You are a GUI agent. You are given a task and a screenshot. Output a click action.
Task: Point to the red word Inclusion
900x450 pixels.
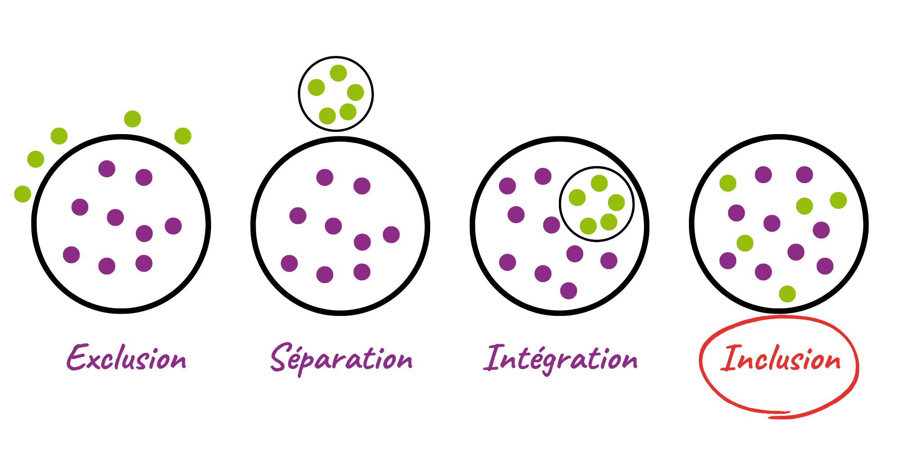tap(780, 359)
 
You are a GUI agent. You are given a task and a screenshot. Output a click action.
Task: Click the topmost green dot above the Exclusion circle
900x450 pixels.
tap(132, 119)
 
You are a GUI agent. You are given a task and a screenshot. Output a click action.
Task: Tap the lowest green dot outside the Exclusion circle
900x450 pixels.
tap(22, 194)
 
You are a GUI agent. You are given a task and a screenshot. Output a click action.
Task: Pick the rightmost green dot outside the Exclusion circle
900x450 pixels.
tap(183, 136)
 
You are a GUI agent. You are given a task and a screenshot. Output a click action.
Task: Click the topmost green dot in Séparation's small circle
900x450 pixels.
tap(338, 73)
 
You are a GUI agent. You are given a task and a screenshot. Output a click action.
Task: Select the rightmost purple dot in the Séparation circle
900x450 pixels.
tap(391, 234)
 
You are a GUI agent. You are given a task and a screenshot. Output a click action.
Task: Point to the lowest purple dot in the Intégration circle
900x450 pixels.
tap(568, 291)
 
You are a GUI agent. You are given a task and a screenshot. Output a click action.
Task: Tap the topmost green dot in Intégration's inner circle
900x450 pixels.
tap(599, 183)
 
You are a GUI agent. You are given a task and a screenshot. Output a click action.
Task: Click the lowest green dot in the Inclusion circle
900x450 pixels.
tap(787, 294)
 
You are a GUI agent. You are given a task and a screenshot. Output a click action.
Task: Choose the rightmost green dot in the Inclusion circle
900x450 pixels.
tap(838, 200)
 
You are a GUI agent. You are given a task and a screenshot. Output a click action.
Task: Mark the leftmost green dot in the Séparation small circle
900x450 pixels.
tap(316, 87)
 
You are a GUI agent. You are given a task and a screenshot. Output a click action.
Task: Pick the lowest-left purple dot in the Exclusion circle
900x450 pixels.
tap(72, 255)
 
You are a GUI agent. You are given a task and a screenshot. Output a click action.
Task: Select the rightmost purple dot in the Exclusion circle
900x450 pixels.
tap(173, 226)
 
